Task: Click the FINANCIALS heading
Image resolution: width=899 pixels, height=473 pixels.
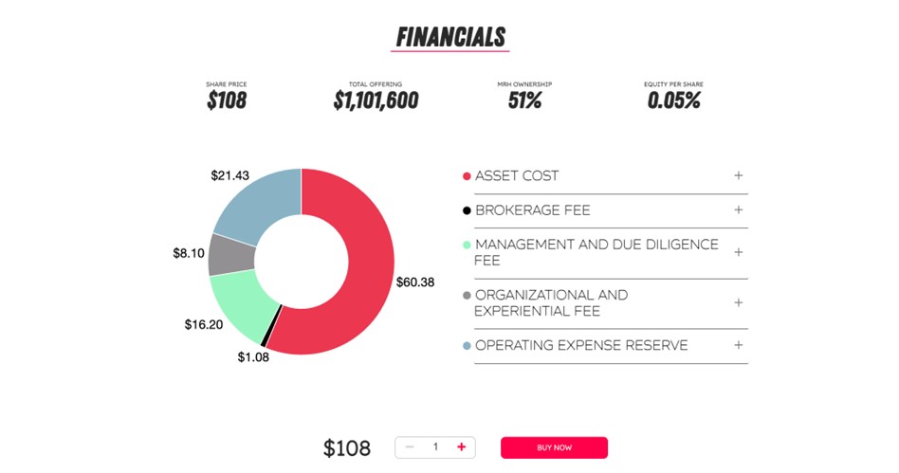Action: tap(450, 37)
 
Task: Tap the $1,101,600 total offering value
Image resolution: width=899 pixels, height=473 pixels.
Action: tap(376, 100)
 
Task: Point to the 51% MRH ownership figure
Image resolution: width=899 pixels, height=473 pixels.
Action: tap(524, 100)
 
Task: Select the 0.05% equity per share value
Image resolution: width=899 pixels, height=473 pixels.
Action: tap(673, 100)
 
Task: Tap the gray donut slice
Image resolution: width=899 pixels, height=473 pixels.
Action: tap(227, 254)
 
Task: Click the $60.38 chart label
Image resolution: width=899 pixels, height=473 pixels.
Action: tap(414, 282)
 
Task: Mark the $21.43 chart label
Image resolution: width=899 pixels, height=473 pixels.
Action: tap(229, 175)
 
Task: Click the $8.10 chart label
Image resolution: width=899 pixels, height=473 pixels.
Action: tap(189, 253)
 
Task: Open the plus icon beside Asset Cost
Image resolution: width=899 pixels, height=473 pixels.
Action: tap(738, 175)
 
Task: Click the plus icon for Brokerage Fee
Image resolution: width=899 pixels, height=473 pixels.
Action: tap(738, 209)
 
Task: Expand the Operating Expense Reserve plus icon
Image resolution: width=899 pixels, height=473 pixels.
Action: tap(738, 345)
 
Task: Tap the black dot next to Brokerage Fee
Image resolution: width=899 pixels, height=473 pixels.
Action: tap(466, 210)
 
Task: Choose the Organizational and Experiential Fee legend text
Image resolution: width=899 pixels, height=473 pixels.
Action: tap(551, 302)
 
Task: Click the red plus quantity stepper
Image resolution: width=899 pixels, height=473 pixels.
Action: tap(461, 446)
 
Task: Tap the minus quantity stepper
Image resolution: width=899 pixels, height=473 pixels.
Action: tap(410, 446)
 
